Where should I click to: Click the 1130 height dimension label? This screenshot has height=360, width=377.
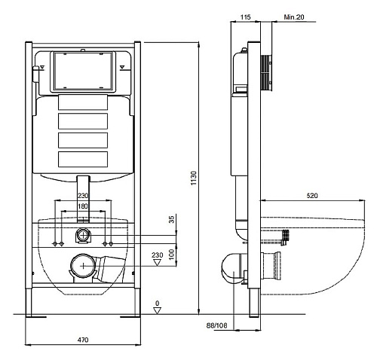coord(194,178)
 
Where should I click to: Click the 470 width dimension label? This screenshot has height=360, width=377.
coord(83,340)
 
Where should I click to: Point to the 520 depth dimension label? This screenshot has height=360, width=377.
coord(312,196)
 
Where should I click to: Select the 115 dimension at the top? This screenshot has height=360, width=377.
coord(245,17)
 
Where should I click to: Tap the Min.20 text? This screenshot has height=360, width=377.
coord(294,17)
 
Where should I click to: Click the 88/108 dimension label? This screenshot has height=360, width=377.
coord(216,325)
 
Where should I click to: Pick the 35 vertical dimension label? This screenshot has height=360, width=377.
coord(171,219)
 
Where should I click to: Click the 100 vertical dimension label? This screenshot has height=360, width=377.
coord(172,255)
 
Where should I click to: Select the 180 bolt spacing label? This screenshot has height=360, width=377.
coord(83,206)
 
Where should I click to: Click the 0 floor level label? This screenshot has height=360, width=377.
coord(158,304)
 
